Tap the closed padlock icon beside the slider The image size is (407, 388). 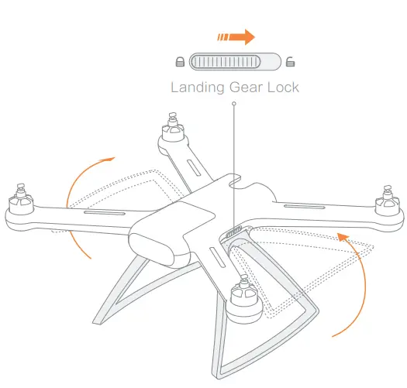coord(180,62)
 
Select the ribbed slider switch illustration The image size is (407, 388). coord(235,62)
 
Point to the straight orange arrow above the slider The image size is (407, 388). coord(236,36)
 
